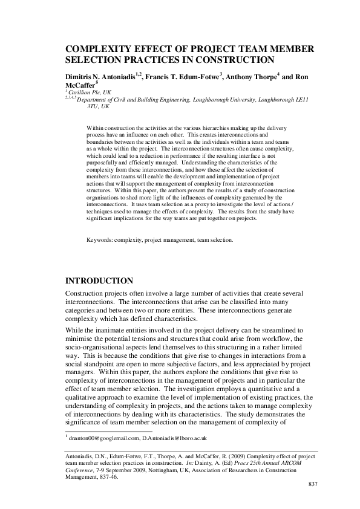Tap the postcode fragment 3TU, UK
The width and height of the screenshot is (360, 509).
point(97,106)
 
